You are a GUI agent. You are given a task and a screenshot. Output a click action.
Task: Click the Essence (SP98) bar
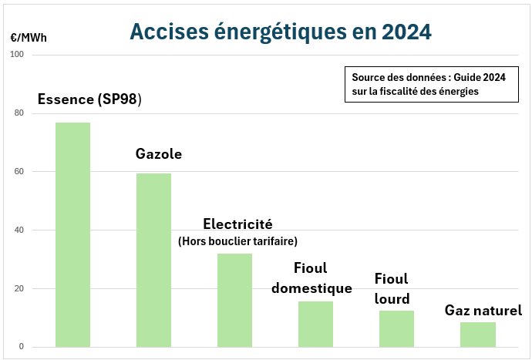pos(72,234)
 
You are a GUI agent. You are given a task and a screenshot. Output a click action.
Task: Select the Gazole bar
pos(153,260)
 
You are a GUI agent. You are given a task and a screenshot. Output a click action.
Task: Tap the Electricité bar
pos(234,300)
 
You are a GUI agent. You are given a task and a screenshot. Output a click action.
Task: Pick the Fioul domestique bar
pos(315,324)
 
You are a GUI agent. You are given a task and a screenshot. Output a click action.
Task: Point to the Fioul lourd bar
pos(396,328)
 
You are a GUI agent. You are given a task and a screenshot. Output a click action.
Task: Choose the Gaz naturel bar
pos(477,335)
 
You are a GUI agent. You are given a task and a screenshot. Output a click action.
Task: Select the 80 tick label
pos(19,113)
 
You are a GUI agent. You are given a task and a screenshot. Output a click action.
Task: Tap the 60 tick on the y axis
pos(19,172)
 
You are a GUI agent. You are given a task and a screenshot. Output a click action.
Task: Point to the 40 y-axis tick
pos(19,230)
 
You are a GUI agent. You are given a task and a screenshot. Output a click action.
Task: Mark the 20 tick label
pos(19,289)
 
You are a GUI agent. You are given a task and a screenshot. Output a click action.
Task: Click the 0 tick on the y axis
pos(22,347)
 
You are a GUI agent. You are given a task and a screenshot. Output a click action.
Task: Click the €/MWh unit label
pos(28,36)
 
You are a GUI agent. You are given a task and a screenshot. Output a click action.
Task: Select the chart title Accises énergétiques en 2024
pos(280,32)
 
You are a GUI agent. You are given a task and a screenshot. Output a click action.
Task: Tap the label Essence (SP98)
pos(89,100)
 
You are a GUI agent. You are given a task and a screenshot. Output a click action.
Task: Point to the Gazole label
pos(159,153)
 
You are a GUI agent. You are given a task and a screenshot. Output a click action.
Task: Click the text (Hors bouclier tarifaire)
pos(237,241)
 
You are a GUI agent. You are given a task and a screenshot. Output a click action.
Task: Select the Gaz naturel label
pos(483,311)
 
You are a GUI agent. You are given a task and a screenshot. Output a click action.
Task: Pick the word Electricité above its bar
pos(237,224)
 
